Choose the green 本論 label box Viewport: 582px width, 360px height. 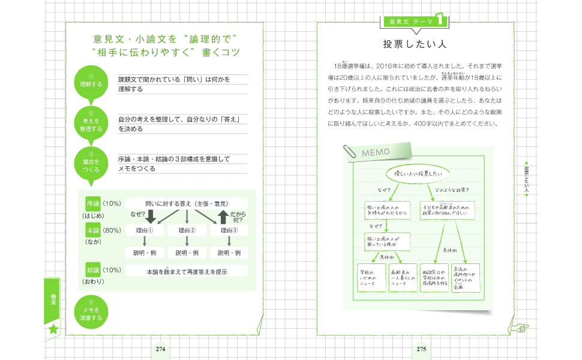tap(92, 230)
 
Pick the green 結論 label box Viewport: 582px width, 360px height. tap(92, 269)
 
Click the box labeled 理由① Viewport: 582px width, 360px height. tap(145, 230)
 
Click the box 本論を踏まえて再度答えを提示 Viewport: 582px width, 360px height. tap(187, 271)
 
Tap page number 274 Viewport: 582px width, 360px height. tap(161, 349)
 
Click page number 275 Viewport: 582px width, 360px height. tap(421, 349)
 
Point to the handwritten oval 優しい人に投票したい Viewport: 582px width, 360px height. tap(418, 173)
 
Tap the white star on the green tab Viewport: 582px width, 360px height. tap(54, 329)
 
